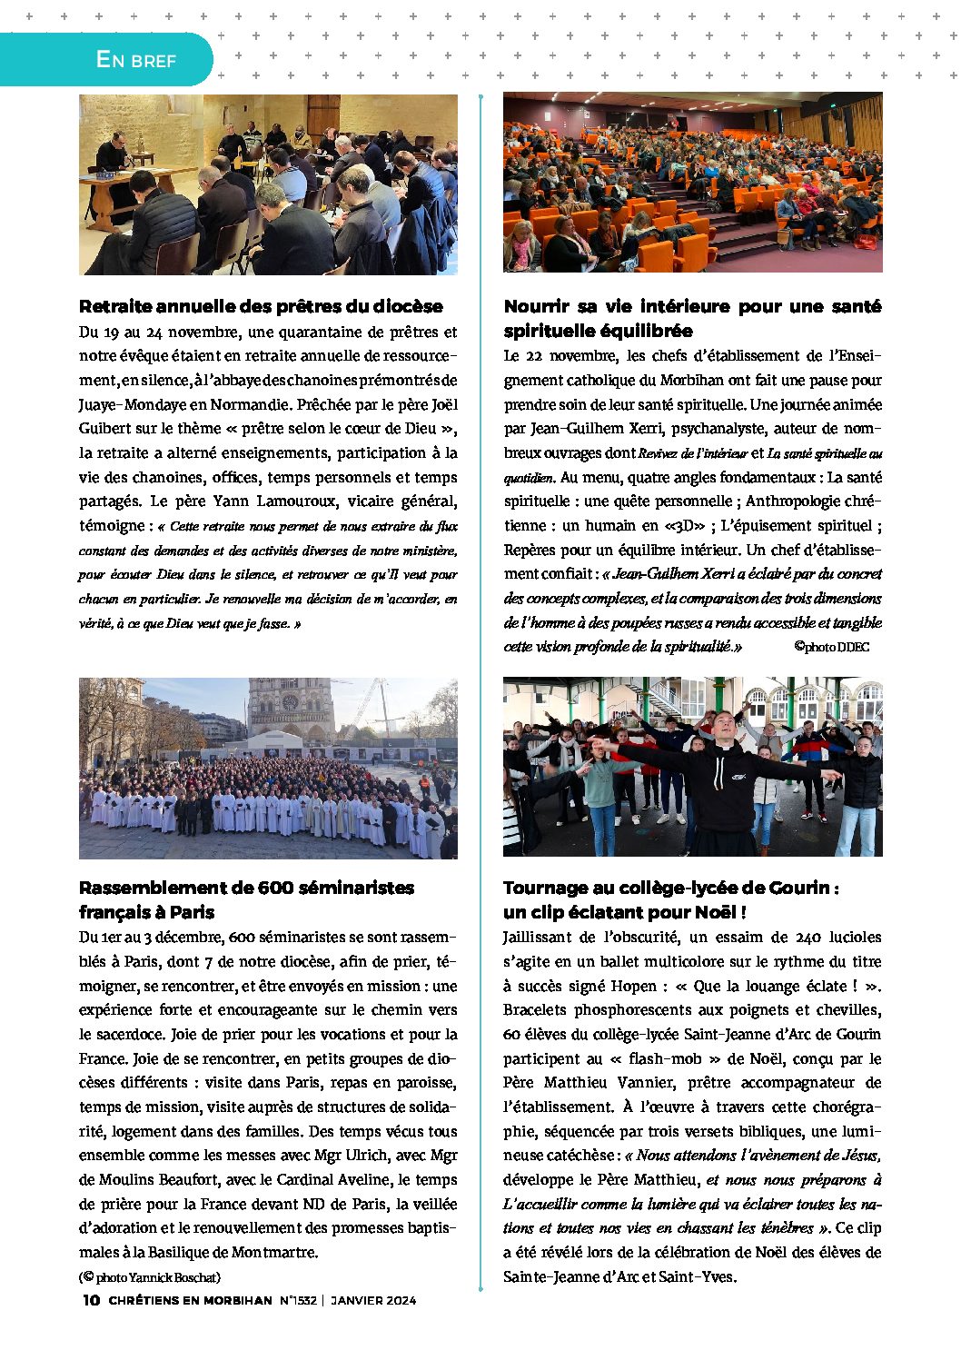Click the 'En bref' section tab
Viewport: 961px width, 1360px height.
click(x=136, y=60)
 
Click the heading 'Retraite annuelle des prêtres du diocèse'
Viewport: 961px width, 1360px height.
click(x=261, y=306)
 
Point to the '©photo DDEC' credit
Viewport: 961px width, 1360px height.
click(x=831, y=647)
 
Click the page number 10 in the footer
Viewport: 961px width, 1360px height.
click(x=91, y=1300)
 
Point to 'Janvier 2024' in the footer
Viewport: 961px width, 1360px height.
click(x=373, y=1300)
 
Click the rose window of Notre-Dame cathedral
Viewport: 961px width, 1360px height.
click(x=290, y=702)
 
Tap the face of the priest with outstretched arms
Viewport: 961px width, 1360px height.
click(x=723, y=728)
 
